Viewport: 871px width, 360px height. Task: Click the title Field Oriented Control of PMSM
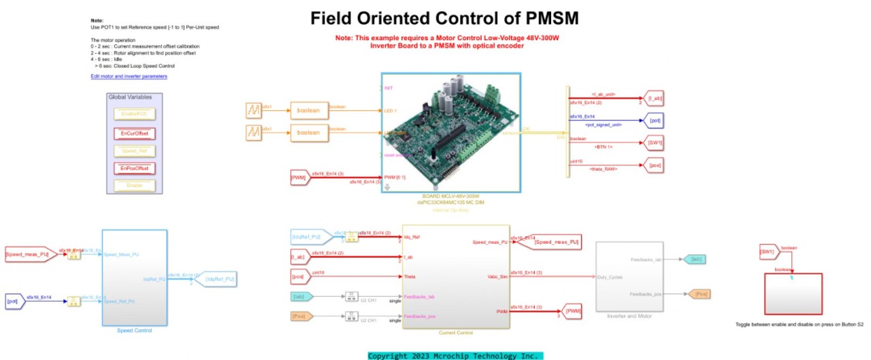444,18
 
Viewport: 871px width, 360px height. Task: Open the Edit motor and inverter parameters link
129,77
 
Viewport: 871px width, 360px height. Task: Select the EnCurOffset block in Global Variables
134,133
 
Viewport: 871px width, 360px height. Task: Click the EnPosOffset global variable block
134,168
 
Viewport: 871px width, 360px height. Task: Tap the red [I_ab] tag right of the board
653,99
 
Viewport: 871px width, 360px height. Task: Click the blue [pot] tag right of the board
653,121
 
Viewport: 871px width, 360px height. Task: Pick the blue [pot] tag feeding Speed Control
13,300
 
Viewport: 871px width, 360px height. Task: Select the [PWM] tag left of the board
298,178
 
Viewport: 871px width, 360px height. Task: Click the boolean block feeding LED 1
308,110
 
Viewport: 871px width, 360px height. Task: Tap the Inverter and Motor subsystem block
629,276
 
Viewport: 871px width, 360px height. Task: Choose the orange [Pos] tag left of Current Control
299,316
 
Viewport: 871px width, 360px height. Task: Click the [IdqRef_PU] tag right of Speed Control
218,279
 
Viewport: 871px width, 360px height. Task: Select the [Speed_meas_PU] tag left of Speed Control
28,255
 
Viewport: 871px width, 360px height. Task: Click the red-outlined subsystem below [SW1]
793,293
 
